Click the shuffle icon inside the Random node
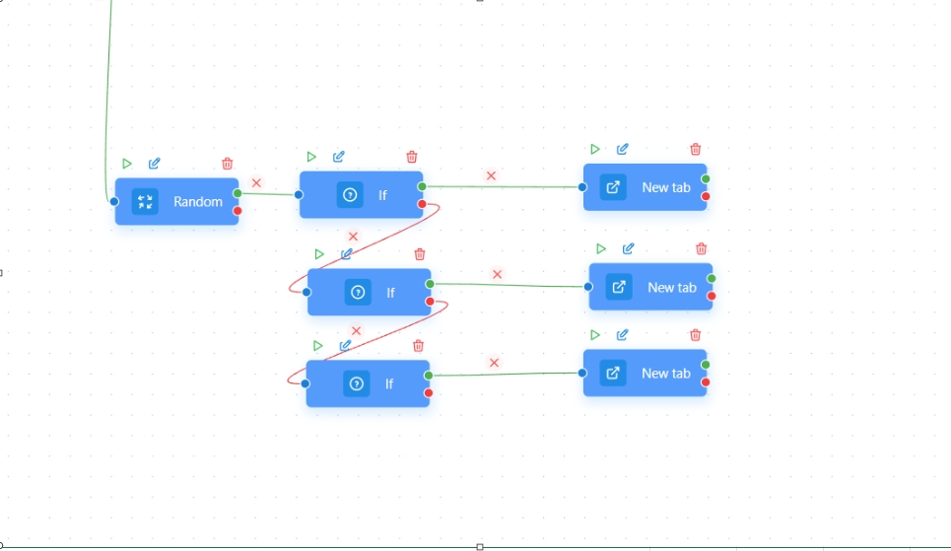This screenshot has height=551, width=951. pos(146,201)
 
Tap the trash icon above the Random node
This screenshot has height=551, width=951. pos(228,164)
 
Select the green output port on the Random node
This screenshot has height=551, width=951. pos(238,193)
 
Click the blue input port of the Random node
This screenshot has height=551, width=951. pos(114,201)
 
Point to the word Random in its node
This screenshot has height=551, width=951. pos(198,201)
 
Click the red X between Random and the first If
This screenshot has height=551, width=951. pos(256,183)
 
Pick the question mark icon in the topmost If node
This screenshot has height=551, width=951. pos(349,195)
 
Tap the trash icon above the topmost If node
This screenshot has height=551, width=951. pos(412,157)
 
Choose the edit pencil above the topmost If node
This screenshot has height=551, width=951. pos(339,157)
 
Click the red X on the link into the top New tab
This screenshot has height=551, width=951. pos(491,175)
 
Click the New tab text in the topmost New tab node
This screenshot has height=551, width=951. pos(666,187)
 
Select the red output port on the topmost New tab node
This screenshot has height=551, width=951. pos(706,196)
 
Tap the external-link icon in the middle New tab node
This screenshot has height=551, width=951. pos(619,287)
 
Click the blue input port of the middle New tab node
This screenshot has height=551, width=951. pos(588,287)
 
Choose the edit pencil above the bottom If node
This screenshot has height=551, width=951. pos(345,346)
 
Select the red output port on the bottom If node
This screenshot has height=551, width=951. pos(428,393)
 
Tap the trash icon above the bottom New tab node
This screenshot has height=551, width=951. pos(696,335)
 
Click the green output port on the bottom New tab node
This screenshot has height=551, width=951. pos(706,365)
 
